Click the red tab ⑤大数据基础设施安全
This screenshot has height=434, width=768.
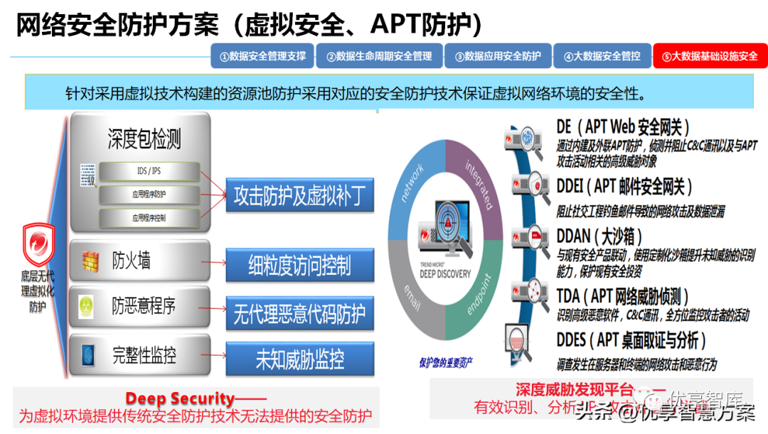pyautogui.click(x=710, y=56)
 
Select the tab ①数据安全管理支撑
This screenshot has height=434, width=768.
pyautogui.click(x=263, y=56)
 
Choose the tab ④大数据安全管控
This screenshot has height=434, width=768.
pyautogui.click(x=602, y=56)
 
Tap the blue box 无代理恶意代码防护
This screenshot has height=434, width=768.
pyautogui.click(x=299, y=313)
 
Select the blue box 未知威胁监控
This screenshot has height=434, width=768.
pyautogui.click(x=299, y=359)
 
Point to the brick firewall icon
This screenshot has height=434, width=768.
pyautogui.click(x=89, y=260)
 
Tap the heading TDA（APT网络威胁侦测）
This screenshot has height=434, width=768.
pyautogui.click(x=622, y=296)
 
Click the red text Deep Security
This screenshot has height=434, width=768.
pyautogui.click(x=180, y=398)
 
